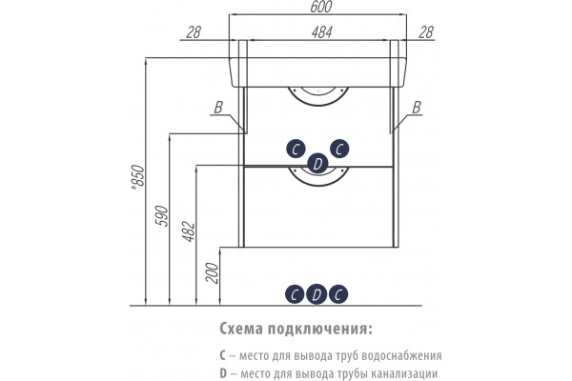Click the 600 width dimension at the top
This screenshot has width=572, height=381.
(321, 7)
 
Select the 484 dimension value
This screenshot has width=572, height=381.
(322, 32)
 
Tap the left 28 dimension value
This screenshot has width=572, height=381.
(194, 32)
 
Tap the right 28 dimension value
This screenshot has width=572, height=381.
(426, 32)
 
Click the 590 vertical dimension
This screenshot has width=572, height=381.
(163, 216)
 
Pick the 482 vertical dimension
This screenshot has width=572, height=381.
(189, 231)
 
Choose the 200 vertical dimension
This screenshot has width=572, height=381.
(212, 272)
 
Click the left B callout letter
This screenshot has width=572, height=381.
(218, 108)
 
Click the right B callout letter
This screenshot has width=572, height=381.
(417, 108)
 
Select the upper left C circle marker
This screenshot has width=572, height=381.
(296, 150)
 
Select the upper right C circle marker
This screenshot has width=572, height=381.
(339, 150)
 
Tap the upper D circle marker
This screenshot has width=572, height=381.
(317, 164)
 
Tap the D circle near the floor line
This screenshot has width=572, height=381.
(317, 294)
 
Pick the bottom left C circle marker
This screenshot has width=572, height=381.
(295, 294)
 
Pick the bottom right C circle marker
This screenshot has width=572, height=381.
(338, 294)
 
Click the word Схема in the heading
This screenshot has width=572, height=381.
(241, 329)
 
